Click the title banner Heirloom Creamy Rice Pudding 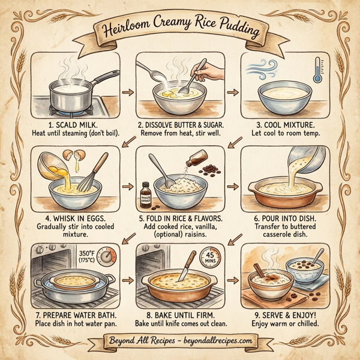point(180,29)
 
